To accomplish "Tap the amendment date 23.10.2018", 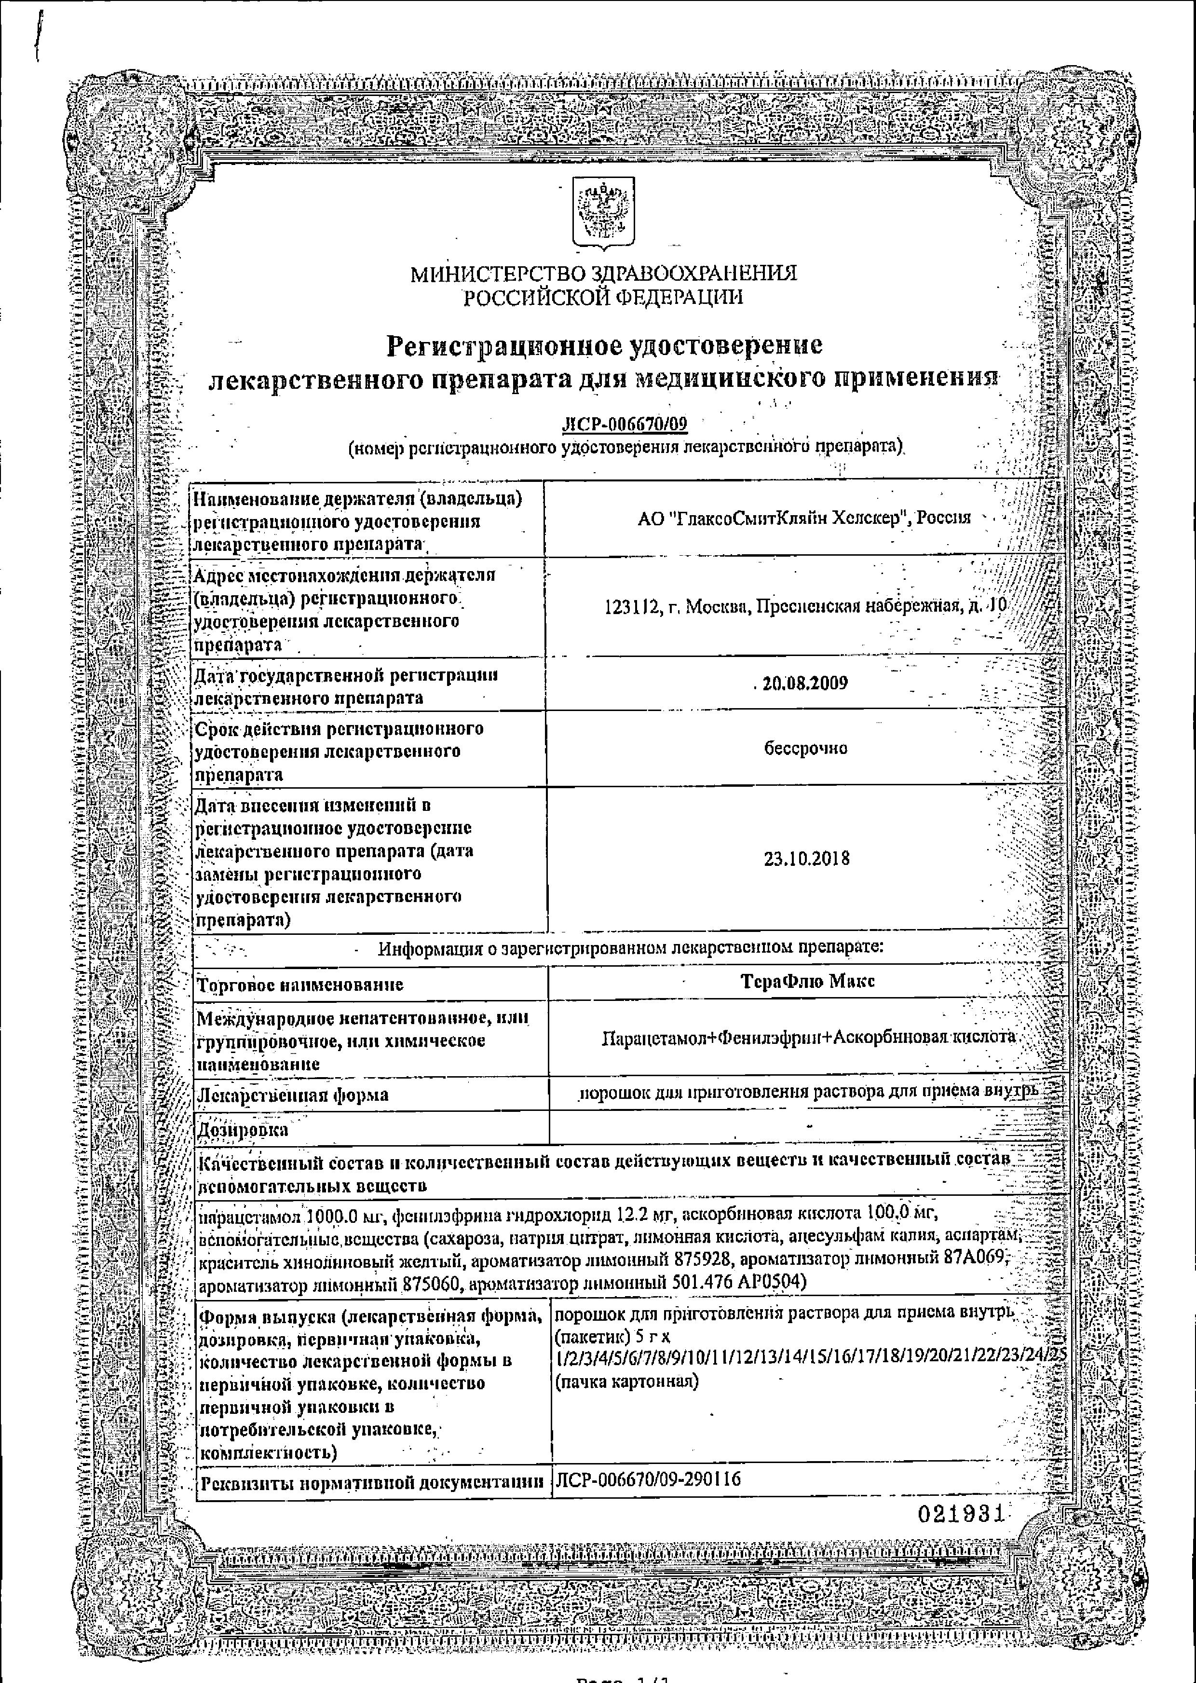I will [x=806, y=858].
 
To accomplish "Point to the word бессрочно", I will [x=806, y=748].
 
